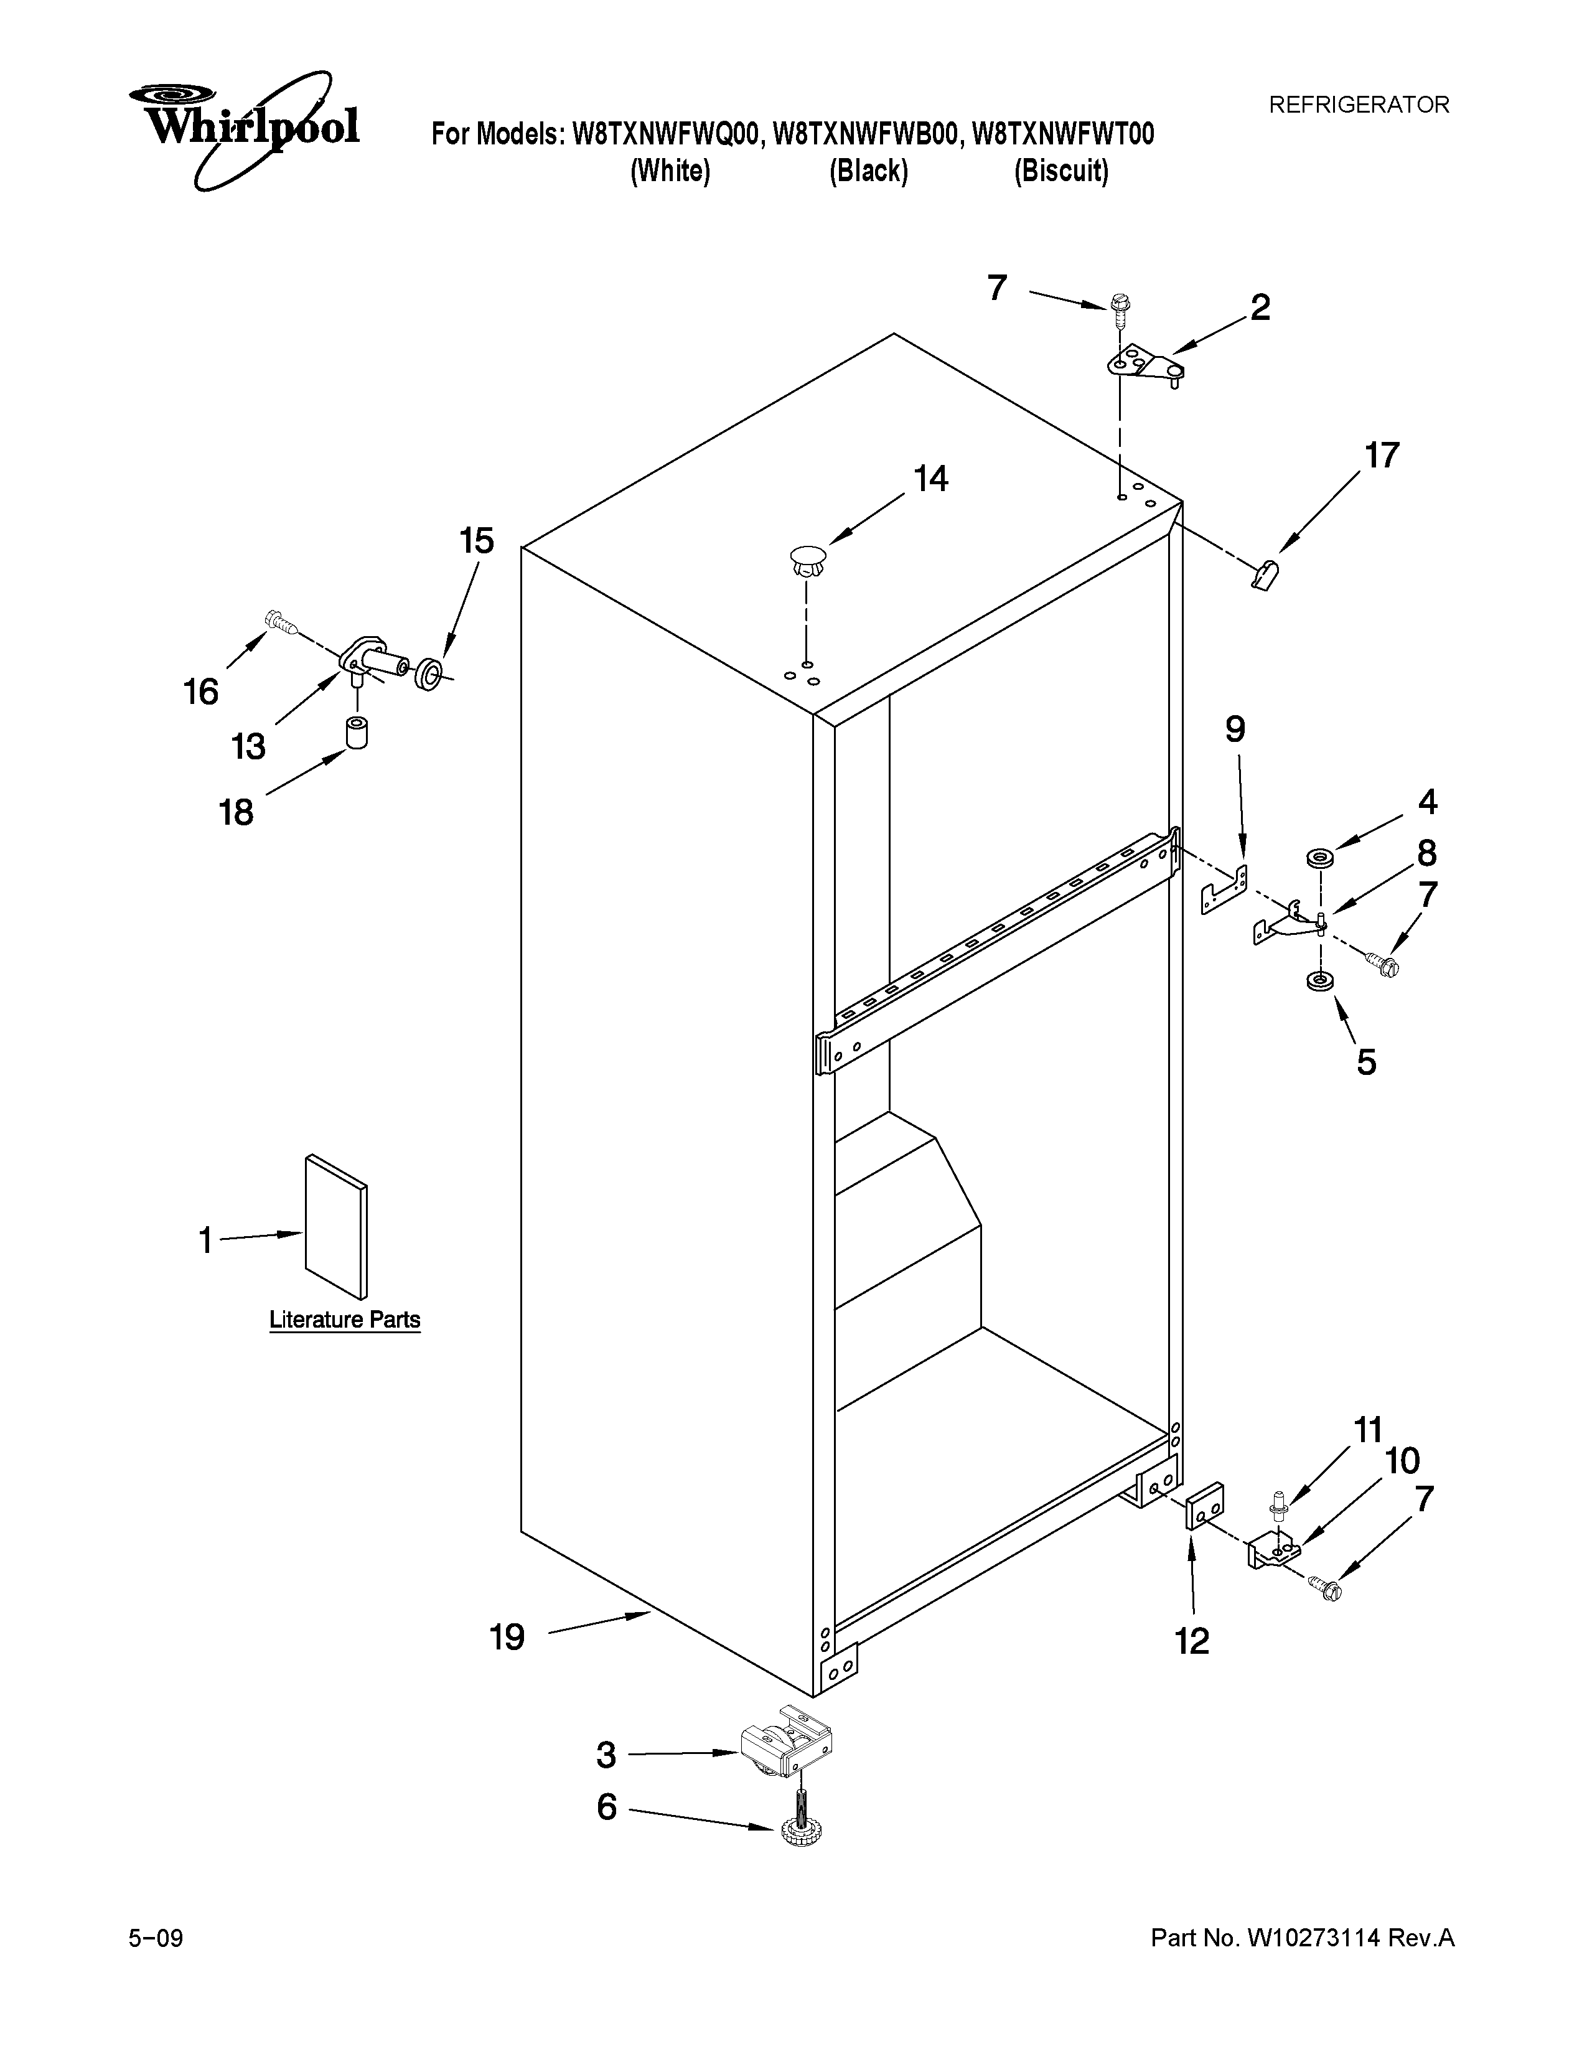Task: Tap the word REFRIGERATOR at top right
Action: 1359,105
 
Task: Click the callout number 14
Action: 931,480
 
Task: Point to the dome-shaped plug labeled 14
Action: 807,561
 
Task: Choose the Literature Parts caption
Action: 345,1320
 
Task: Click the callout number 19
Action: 507,1638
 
